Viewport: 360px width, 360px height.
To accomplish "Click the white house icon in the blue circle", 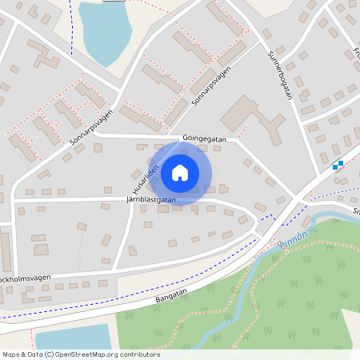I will tap(180, 173).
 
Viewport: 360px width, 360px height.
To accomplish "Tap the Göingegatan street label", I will tap(205, 138).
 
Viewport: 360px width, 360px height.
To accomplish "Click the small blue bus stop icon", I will tap(338, 166).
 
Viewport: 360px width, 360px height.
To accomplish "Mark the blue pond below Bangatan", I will tap(72, 337).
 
